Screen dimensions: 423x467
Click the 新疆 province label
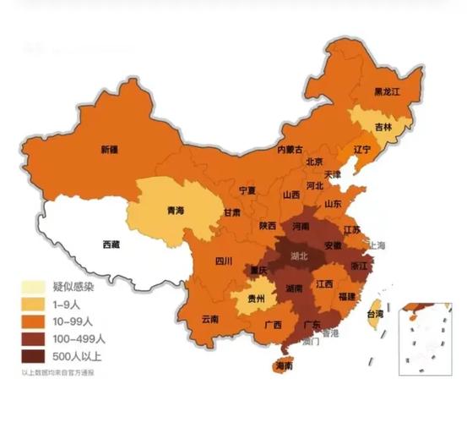point(109,150)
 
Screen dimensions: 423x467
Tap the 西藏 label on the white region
point(111,244)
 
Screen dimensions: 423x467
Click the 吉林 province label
point(383,127)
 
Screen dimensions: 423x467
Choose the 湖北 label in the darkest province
point(299,255)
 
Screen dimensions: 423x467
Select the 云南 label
point(210,319)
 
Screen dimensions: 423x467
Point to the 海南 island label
point(285,367)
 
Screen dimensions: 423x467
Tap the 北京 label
point(314,162)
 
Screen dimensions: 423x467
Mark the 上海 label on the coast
point(375,245)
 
